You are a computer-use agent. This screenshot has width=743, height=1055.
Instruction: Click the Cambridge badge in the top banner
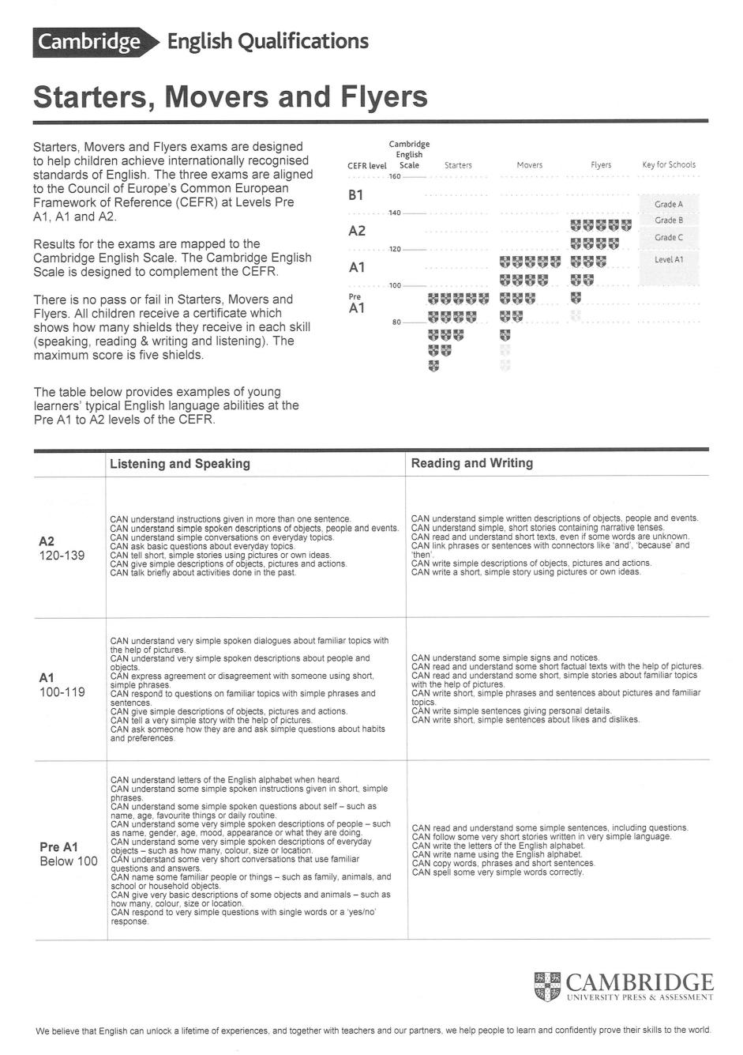[x=89, y=42]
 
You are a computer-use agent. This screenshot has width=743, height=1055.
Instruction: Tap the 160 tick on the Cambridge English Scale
[x=396, y=176]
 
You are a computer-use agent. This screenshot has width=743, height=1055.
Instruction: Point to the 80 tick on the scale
[x=397, y=322]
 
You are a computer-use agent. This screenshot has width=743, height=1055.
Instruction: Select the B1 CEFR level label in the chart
[x=356, y=195]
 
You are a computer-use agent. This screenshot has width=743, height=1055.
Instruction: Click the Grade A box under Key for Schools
[x=669, y=204]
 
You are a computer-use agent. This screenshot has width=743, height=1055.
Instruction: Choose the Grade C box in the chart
[x=669, y=237]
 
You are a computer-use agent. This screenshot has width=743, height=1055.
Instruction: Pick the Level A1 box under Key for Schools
[x=669, y=259]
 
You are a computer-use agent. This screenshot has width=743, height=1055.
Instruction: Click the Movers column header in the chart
[x=529, y=165]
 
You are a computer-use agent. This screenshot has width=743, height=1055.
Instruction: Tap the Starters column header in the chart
[x=458, y=165]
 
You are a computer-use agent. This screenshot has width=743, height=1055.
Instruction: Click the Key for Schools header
[x=669, y=165]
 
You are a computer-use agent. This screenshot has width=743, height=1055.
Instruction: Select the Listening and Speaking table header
[x=180, y=464]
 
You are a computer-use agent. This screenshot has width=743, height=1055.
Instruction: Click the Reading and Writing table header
[x=472, y=463]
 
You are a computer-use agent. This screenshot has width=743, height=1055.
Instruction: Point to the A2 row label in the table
[x=47, y=542]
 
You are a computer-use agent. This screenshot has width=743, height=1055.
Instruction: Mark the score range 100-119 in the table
[x=62, y=692]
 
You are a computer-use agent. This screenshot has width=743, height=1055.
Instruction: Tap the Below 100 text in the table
[x=69, y=861]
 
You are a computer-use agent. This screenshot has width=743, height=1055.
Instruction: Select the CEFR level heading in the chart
[x=367, y=166]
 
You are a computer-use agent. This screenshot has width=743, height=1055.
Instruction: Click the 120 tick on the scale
[x=396, y=250]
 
